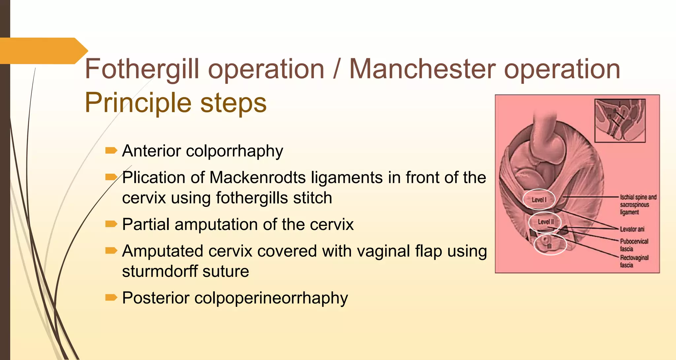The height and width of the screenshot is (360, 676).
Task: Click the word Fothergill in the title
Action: pos(142,69)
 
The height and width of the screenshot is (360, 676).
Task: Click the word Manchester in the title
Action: pos(422,69)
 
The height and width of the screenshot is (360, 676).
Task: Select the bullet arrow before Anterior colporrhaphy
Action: pos(111,151)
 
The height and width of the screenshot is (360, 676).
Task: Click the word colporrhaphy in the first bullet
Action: pos(234,151)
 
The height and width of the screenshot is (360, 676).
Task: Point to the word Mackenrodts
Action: pos(257,178)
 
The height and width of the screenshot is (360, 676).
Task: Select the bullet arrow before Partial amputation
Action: pos(111,224)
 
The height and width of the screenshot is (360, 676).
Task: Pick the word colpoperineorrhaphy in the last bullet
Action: pos(271,298)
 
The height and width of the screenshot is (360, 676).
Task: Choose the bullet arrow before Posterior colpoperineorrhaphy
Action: pos(111,298)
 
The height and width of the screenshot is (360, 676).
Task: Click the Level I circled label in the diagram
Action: pos(539,200)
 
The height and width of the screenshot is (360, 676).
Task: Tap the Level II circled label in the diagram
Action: pos(545,222)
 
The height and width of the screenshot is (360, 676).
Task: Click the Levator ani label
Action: pos(632,229)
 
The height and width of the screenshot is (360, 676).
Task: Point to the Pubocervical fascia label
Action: pos(634,245)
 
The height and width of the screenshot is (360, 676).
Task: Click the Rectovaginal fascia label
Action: pos(634,261)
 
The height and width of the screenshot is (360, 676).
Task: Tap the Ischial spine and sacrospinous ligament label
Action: pos(638,205)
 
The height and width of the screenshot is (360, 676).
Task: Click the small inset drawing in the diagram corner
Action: pos(620,121)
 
